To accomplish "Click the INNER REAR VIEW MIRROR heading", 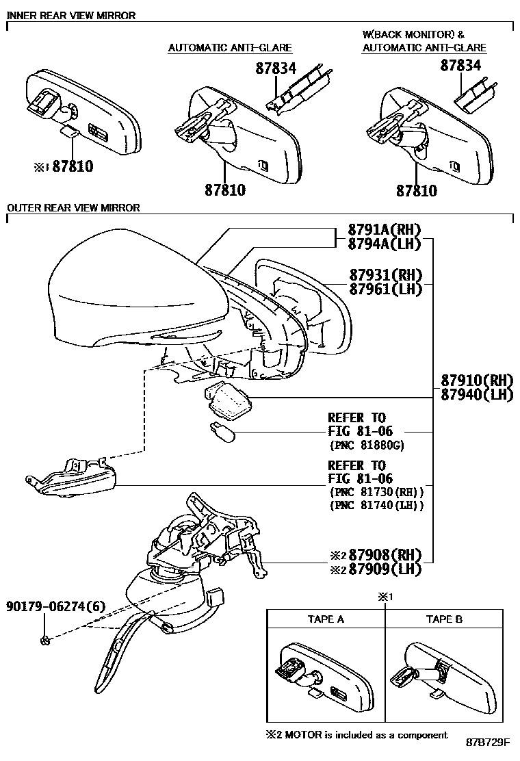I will [x=71, y=15].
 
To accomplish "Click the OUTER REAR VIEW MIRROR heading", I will [x=73, y=207].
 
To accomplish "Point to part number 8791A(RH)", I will [x=384, y=229].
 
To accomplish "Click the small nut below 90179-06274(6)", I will [x=44, y=641].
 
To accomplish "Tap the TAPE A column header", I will [x=326, y=619].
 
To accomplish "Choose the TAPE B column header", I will [x=444, y=619].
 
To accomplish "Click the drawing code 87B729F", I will [x=489, y=743].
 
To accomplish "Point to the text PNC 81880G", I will [x=367, y=445].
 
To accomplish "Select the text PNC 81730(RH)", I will [x=376, y=492].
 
